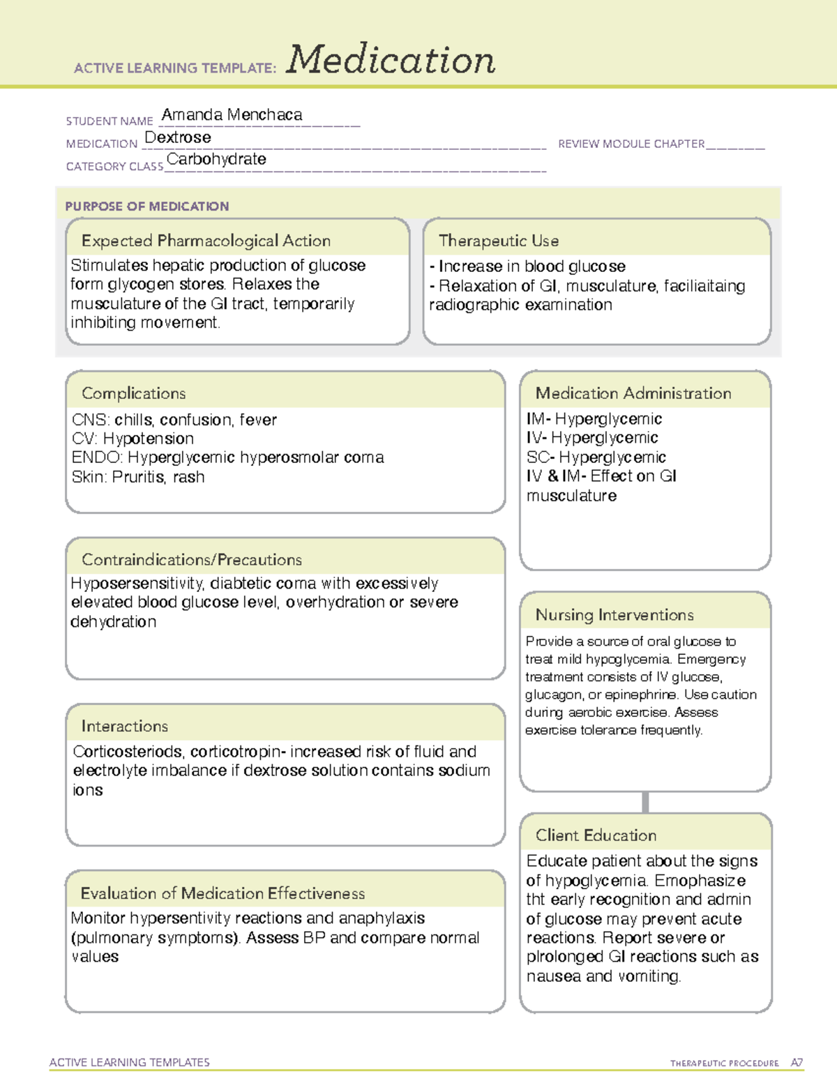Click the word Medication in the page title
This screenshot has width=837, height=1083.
click(x=391, y=60)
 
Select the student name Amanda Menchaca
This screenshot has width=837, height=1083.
click(x=232, y=114)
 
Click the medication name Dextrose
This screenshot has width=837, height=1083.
click(x=178, y=137)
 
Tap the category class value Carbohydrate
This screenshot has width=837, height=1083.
click(x=216, y=159)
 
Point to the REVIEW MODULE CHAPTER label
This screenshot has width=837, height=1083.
click(x=631, y=144)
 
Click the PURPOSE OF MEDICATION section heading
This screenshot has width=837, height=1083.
click(x=146, y=206)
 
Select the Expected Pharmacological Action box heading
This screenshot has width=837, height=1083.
click(x=206, y=241)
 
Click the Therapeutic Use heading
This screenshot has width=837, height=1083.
click(x=498, y=241)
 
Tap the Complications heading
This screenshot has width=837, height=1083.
click(x=133, y=393)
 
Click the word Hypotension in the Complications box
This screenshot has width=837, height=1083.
click(x=149, y=439)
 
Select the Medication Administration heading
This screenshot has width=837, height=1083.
click(x=633, y=393)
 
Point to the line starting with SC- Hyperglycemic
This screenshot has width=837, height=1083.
click(x=596, y=457)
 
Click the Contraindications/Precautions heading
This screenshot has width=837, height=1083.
click(x=191, y=559)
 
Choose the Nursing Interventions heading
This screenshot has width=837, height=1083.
click(x=614, y=614)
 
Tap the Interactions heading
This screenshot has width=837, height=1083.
click(x=124, y=726)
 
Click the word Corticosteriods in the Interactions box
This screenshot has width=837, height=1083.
click(x=128, y=752)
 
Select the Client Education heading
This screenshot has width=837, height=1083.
click(x=596, y=835)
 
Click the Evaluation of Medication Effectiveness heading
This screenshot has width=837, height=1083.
click(x=223, y=893)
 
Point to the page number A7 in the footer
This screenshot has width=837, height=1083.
click(x=797, y=1063)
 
